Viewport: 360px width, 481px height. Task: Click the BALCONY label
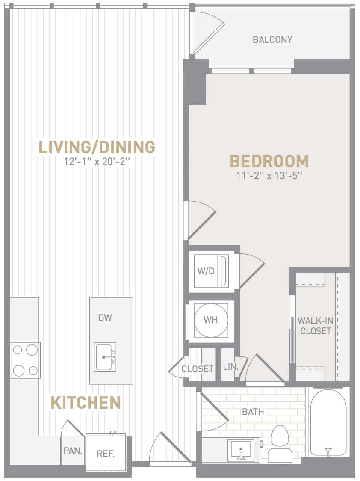click(x=272, y=39)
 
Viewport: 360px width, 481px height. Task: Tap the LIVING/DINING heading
click(x=97, y=147)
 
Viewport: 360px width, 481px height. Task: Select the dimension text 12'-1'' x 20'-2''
click(x=97, y=162)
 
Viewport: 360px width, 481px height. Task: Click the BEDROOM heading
click(x=269, y=161)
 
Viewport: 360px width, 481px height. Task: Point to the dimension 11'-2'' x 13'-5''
click(x=269, y=176)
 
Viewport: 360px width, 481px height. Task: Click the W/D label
click(x=206, y=271)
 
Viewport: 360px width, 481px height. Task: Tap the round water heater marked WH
click(x=211, y=320)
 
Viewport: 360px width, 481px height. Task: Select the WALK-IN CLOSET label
click(x=315, y=326)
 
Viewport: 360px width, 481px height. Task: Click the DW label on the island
click(x=105, y=318)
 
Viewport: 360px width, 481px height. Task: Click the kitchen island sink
click(x=105, y=357)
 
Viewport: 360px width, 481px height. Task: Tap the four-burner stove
click(x=25, y=360)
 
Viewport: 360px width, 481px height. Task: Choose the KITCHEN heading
click(x=85, y=402)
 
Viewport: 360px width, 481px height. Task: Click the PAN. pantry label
click(x=73, y=451)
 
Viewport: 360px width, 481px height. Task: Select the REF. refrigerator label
click(x=106, y=454)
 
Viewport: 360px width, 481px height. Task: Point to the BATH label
click(x=253, y=412)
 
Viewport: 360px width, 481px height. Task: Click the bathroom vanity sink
click(x=241, y=450)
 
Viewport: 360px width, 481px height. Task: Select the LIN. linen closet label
click(x=230, y=367)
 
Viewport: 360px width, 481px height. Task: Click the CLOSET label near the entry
click(x=197, y=369)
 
